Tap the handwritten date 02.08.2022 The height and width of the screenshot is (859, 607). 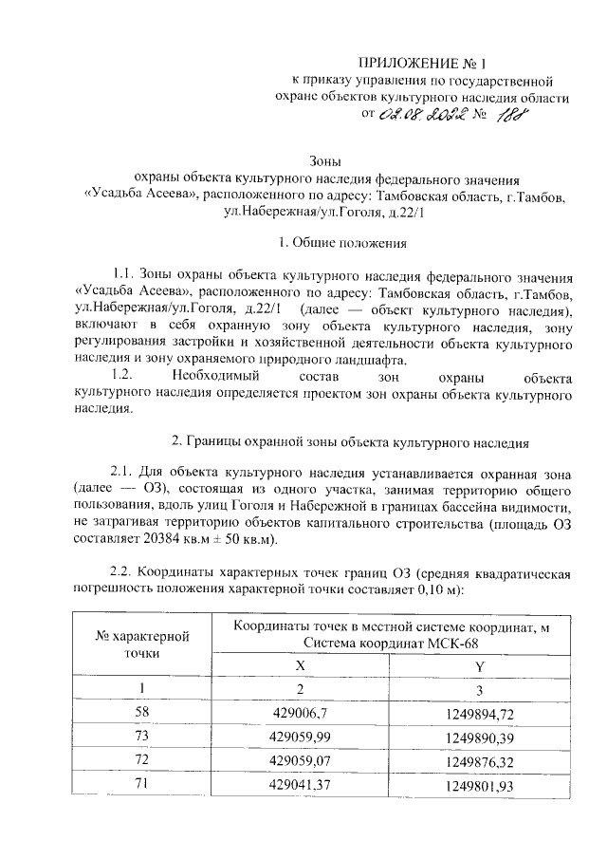tap(417, 117)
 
